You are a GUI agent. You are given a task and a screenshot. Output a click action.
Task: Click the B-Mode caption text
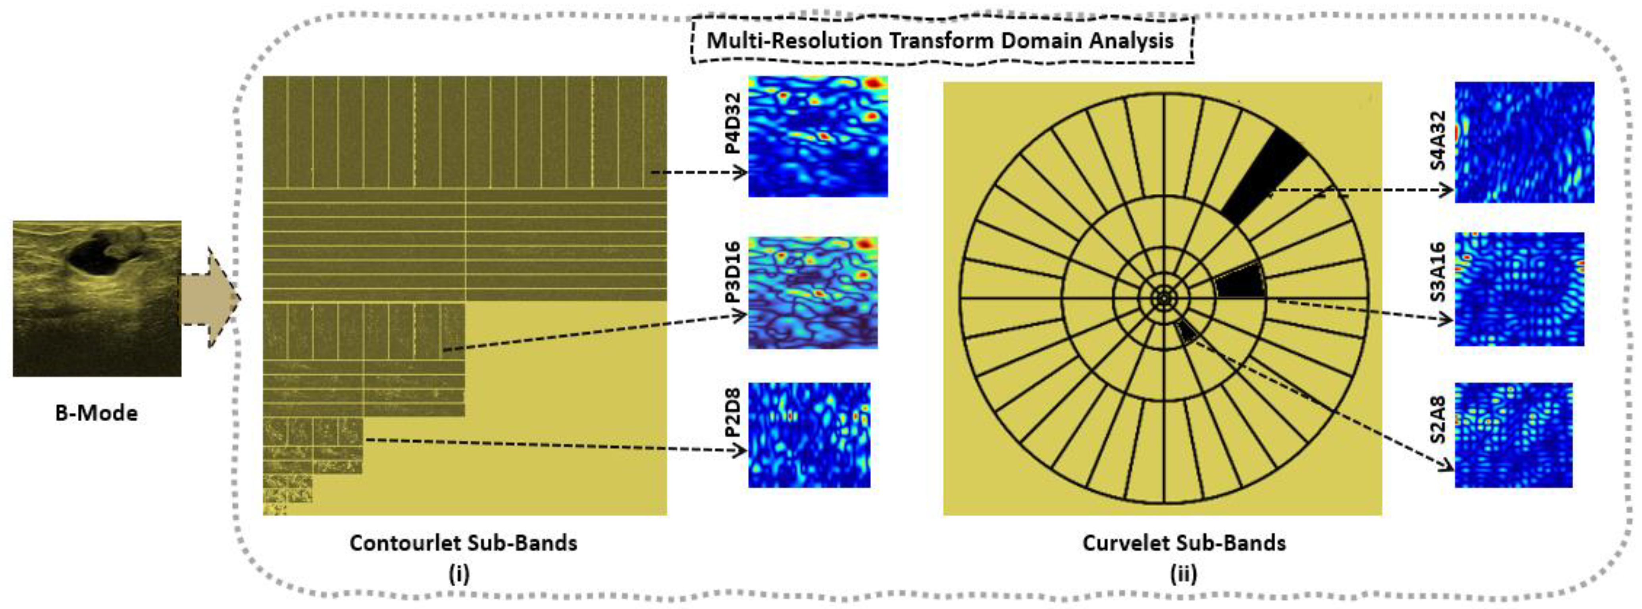(96, 413)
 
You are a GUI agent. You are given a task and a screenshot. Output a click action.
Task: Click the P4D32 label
(733, 123)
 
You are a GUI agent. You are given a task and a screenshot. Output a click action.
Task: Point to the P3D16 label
(733, 272)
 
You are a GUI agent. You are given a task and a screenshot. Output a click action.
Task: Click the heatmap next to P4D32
(817, 136)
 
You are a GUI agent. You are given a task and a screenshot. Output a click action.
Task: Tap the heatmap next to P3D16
(813, 293)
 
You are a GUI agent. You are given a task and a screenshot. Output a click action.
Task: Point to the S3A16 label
(1437, 272)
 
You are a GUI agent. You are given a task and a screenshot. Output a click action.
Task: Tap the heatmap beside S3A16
(1519, 289)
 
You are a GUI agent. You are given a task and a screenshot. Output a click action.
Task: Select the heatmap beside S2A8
(1513, 435)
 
